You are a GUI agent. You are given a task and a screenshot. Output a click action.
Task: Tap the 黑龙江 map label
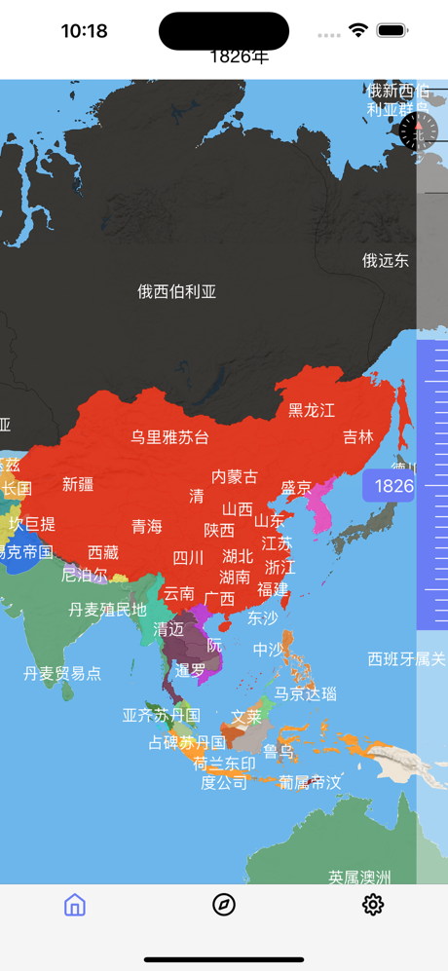[312, 410]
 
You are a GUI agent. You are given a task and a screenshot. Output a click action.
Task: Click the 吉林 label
[358, 437]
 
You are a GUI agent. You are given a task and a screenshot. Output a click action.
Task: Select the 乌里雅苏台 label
[170, 437]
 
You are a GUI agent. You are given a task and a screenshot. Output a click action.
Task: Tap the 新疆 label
[78, 484]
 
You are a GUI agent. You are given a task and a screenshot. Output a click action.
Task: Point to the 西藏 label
[102, 552]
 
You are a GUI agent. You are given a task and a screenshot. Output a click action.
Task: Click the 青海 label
[147, 526]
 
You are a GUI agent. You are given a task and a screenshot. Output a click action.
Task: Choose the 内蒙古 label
[235, 476]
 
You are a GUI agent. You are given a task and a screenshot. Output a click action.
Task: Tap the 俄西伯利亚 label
[176, 291]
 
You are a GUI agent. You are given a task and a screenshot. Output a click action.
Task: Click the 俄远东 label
[386, 260]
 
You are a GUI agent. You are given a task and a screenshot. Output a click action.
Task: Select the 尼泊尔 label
[85, 575]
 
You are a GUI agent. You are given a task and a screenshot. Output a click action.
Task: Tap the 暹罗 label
[190, 670]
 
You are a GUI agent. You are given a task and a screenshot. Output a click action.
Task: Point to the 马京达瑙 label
[305, 693]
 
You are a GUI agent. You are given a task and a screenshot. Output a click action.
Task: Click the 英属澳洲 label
[359, 877]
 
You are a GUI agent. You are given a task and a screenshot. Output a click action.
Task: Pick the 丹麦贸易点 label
[62, 673]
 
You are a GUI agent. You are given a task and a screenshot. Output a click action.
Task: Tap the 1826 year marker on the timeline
[392, 486]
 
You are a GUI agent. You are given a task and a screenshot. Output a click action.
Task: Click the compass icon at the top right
[418, 131]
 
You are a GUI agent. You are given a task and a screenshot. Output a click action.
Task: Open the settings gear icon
[373, 905]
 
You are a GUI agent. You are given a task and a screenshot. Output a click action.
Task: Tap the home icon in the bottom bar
[75, 905]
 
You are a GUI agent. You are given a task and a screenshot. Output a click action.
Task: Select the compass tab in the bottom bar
[224, 905]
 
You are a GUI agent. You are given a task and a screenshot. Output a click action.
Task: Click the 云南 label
[178, 593]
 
